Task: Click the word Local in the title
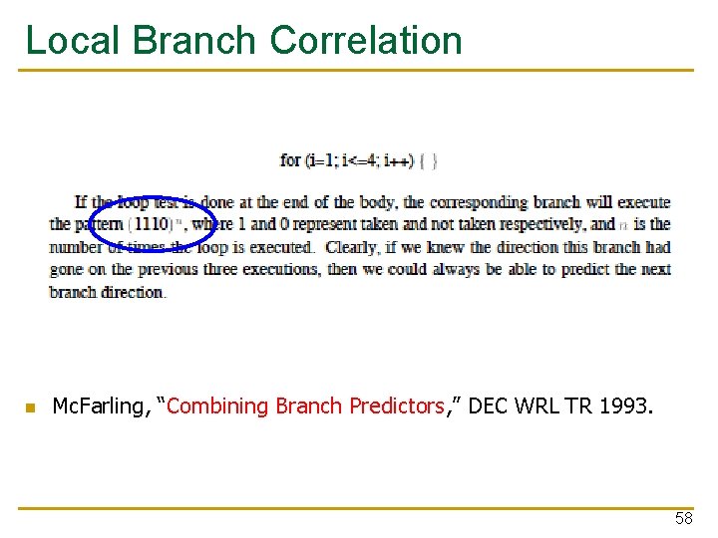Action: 72,40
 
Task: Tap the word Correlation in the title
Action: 366,40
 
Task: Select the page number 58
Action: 683,518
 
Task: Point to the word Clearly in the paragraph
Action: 352,247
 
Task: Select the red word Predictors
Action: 395,406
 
